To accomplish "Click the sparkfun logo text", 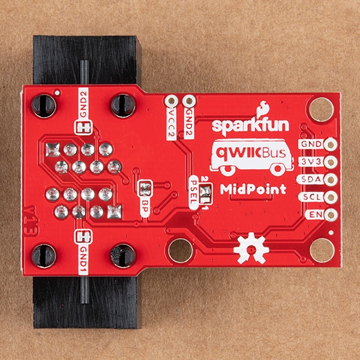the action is pyautogui.click(x=250, y=126).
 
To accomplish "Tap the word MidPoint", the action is pyautogui.click(x=253, y=189).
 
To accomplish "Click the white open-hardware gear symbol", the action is pyautogui.click(x=251, y=248).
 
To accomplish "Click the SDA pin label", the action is pyautogui.click(x=310, y=179).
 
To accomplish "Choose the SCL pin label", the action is pyautogui.click(x=311, y=197).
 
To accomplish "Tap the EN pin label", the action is pyautogui.click(x=315, y=215).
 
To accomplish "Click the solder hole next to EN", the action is pyautogui.click(x=331, y=215).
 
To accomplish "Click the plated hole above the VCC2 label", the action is pyautogui.click(x=171, y=101).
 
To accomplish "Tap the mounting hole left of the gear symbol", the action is pyautogui.click(x=181, y=250).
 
